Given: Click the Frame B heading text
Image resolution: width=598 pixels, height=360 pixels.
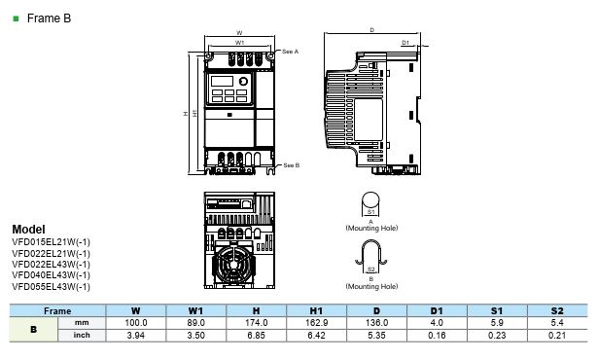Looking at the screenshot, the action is (x=49, y=18).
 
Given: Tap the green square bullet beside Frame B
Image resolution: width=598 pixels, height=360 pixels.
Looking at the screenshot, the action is (x=16, y=18).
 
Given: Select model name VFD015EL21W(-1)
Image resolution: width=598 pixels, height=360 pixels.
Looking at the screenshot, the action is (x=52, y=242).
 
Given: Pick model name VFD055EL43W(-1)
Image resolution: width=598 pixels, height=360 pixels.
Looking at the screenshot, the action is (x=52, y=286).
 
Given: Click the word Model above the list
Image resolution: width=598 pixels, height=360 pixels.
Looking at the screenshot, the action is (x=28, y=229).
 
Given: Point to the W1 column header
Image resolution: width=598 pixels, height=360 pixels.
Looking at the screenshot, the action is (x=195, y=310).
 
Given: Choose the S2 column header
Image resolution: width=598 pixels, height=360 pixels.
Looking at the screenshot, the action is (x=557, y=310).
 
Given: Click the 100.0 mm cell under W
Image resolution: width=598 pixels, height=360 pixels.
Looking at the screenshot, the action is (x=136, y=323).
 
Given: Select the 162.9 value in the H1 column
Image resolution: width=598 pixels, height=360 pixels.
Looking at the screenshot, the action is (x=317, y=323).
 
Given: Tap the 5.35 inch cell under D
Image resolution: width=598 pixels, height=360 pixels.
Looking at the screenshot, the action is (x=377, y=335).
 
